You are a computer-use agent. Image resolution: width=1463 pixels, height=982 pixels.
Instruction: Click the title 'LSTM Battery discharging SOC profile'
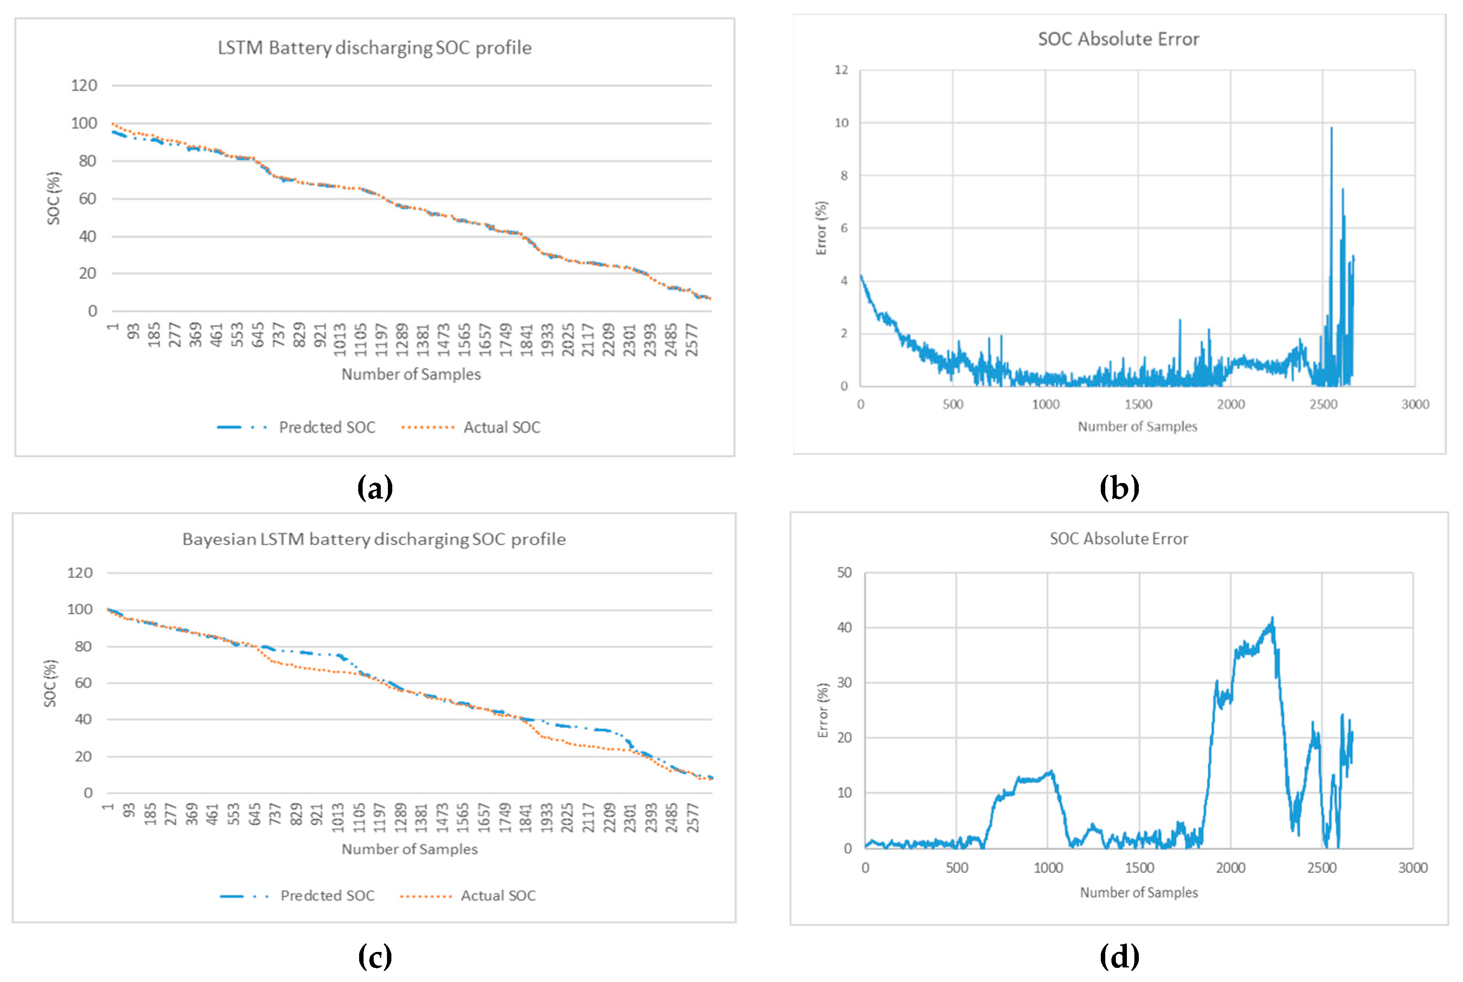click(374, 48)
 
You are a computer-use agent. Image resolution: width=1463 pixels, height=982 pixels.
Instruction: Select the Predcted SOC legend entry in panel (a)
click(297, 427)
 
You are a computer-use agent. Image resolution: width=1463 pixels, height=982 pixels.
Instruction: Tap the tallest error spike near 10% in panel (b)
click(1331, 129)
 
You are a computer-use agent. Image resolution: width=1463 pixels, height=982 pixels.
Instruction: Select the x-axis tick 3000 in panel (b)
click(1415, 404)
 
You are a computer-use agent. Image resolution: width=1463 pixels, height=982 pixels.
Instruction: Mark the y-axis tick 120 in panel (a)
click(84, 85)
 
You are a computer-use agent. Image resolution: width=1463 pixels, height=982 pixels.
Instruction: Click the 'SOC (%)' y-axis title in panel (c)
click(50, 683)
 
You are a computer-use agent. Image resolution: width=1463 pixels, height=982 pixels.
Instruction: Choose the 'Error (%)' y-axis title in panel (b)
click(821, 228)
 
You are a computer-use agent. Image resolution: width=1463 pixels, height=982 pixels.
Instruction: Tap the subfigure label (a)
click(375, 487)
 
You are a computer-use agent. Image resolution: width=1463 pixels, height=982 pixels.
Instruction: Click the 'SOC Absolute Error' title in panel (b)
click(1118, 39)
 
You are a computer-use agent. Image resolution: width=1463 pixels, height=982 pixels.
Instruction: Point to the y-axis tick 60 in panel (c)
click(83, 683)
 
